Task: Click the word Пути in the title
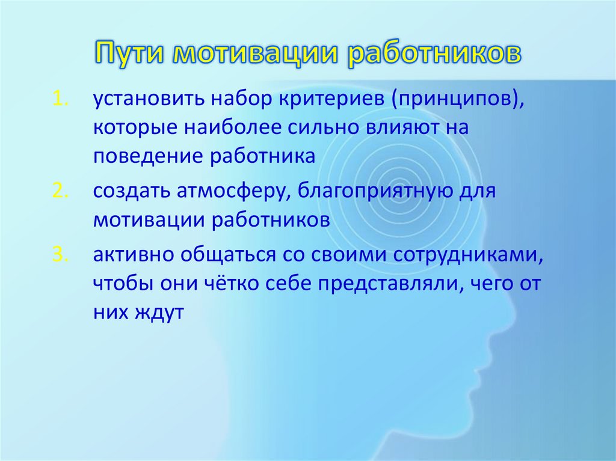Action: [129, 55]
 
